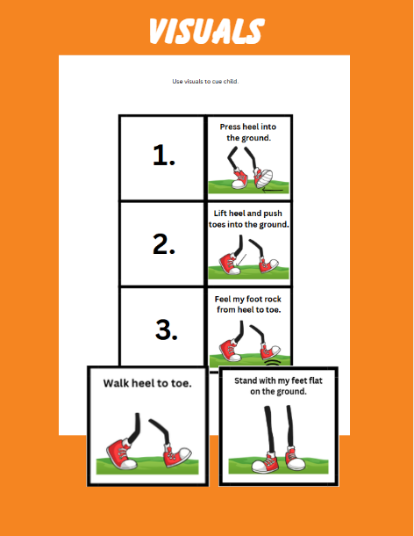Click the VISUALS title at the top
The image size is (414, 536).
(x=206, y=31)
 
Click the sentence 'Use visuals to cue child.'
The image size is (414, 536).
(x=205, y=82)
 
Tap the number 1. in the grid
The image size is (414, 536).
(x=164, y=156)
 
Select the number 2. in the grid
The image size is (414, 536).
(x=164, y=244)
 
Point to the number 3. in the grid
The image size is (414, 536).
(x=167, y=330)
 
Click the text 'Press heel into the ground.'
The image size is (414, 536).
(x=248, y=133)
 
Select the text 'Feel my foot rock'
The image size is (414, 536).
(x=248, y=300)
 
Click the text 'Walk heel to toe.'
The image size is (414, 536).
(x=147, y=383)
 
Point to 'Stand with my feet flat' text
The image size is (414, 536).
(x=279, y=380)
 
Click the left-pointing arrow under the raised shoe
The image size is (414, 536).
(x=273, y=190)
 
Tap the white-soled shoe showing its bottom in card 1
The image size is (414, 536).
(x=263, y=177)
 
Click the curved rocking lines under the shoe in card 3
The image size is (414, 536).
(x=273, y=362)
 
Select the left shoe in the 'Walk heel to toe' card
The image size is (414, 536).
(x=122, y=454)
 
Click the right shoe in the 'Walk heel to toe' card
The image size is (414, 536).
(x=176, y=455)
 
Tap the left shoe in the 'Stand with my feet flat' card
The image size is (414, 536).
(x=266, y=462)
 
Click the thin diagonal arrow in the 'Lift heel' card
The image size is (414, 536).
(x=241, y=260)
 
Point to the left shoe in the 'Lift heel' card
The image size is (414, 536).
(x=230, y=264)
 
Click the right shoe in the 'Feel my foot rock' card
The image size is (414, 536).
(x=270, y=351)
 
